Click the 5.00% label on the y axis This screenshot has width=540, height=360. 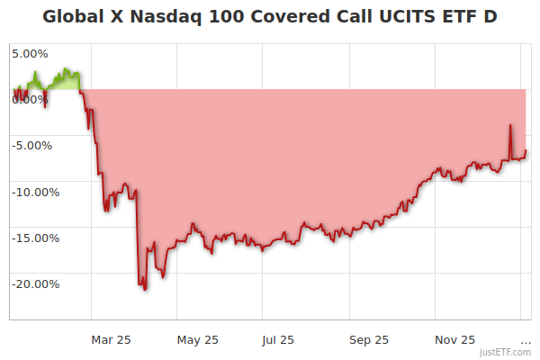click(x=30, y=53)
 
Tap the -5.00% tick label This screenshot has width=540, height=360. click(x=33, y=145)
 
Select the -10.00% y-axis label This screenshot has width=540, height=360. click(x=35, y=192)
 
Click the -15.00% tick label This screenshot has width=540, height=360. click(x=35, y=238)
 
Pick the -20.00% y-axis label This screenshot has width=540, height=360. click(x=35, y=283)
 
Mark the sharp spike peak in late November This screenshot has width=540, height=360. click(x=509, y=125)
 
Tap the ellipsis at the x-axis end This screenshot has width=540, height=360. click(x=526, y=342)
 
